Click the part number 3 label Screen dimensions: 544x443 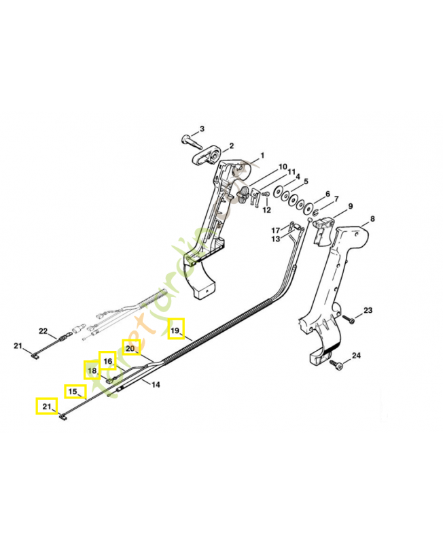click(201, 130)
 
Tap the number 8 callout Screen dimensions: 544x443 click(372, 219)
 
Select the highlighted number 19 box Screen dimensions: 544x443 click(176, 330)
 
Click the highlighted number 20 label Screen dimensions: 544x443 click(130, 348)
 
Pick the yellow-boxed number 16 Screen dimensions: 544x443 click(107, 360)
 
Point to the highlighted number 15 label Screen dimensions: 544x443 click(73, 392)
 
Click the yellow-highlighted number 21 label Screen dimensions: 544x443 click(45, 407)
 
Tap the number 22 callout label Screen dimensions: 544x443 click(43, 331)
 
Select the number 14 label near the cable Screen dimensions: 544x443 click(156, 385)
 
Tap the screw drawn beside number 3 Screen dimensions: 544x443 click(188, 141)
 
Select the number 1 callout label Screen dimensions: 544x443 click(262, 156)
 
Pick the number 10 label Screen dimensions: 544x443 click(283, 166)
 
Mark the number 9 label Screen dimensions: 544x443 click(351, 207)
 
